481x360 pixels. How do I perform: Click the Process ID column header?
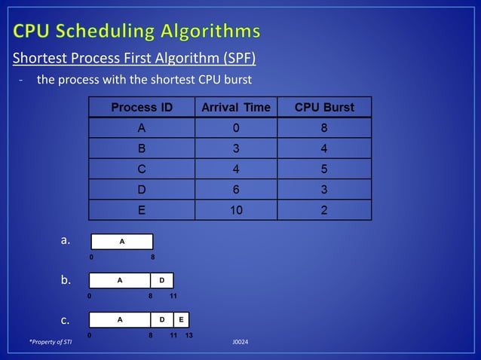tap(142, 108)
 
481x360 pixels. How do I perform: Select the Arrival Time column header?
tap(236, 108)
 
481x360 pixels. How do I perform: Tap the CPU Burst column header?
tap(324, 108)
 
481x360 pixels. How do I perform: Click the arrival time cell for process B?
tap(236, 149)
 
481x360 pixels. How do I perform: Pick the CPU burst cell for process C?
tap(324, 169)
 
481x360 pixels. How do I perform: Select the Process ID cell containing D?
tap(142, 190)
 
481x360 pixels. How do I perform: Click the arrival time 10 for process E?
tap(236, 210)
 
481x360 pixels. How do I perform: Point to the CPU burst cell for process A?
tap(324, 129)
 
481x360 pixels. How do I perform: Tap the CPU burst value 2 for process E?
tap(324, 210)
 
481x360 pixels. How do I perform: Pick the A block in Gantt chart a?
tap(122, 242)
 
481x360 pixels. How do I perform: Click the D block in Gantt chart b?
tap(161, 280)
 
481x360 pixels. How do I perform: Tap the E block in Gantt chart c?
tap(182, 319)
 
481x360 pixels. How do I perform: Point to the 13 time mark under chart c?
tap(189, 335)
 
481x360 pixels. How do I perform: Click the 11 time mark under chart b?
tap(173, 296)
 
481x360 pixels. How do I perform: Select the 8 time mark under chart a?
tap(152, 257)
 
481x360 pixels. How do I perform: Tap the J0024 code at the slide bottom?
tap(240, 343)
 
